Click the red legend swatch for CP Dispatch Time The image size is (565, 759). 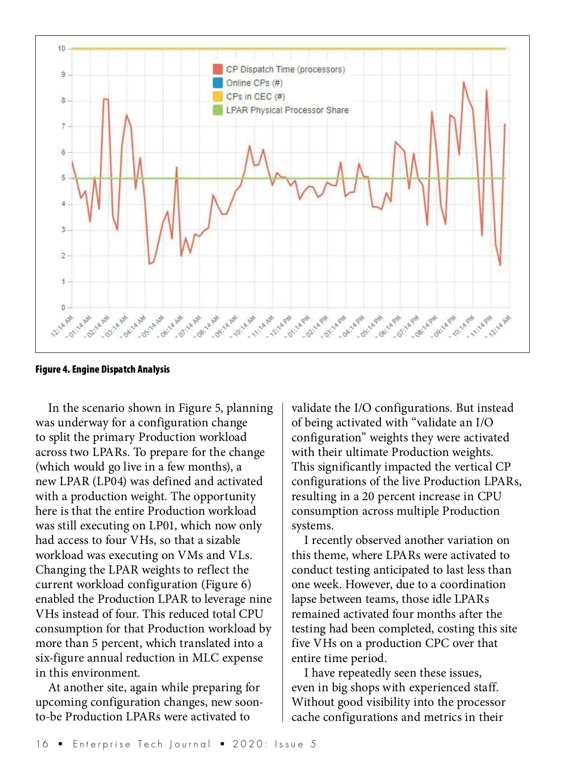[x=218, y=69]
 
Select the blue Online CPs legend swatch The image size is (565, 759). [x=218, y=83]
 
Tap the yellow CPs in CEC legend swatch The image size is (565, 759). [x=218, y=96]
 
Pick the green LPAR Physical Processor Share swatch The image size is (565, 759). [x=218, y=110]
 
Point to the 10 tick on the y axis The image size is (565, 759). [x=62, y=48]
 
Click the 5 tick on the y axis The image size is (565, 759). [x=63, y=178]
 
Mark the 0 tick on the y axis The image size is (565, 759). [x=63, y=308]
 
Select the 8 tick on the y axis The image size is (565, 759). [x=63, y=100]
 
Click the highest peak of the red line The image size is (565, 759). [x=464, y=82]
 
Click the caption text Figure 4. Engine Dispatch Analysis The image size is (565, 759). [x=103, y=369]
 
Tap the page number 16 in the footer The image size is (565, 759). [x=42, y=744]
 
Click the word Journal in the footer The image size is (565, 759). [x=190, y=744]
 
